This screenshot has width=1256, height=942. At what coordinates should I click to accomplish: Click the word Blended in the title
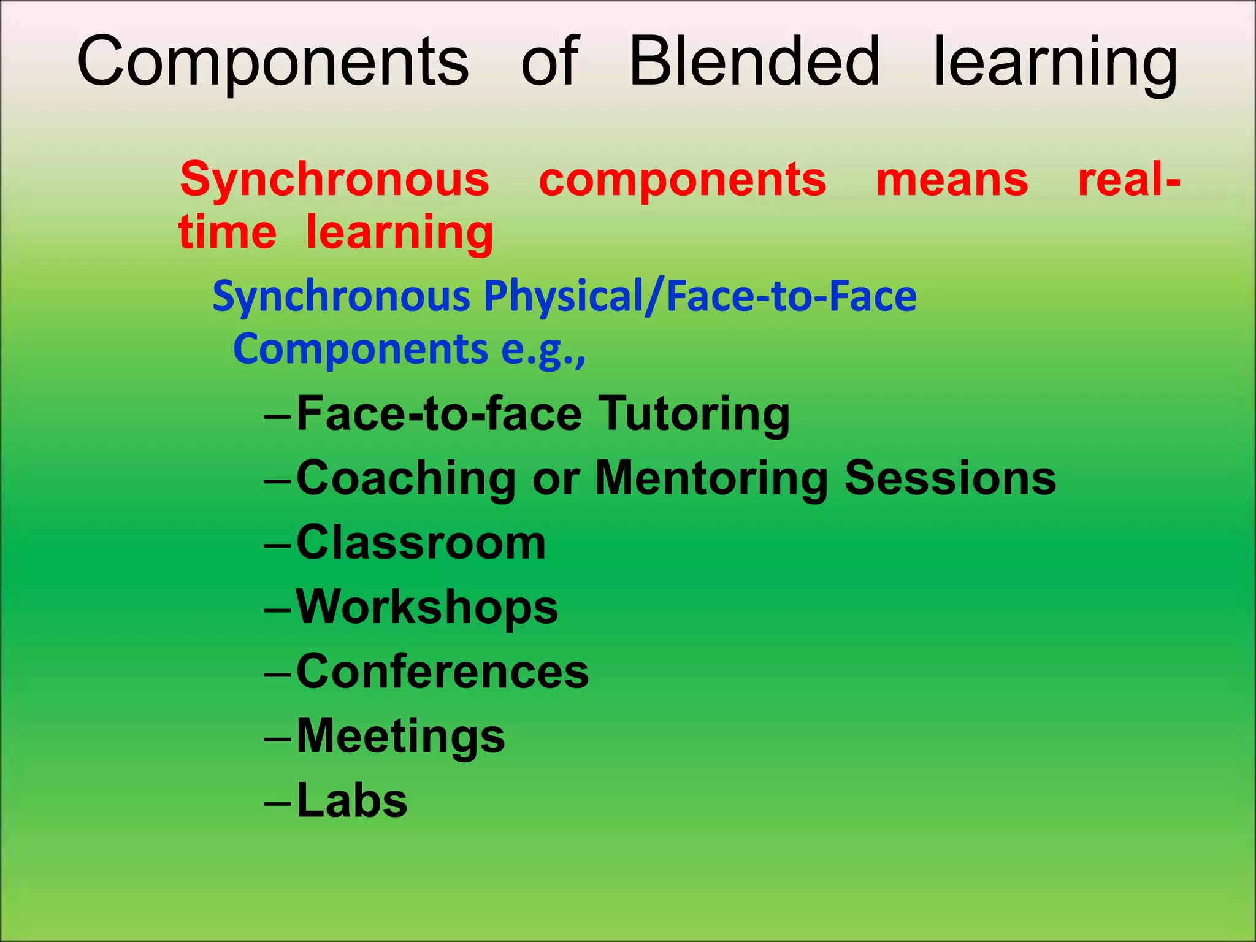click(754, 61)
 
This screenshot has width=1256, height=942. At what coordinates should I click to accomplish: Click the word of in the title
click(549, 61)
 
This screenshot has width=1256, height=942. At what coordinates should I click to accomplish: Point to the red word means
click(952, 180)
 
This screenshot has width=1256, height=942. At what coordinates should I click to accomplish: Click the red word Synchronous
click(334, 180)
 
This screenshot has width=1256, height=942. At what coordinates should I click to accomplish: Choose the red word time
click(228, 232)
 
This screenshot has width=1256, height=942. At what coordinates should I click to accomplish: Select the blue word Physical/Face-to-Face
click(700, 296)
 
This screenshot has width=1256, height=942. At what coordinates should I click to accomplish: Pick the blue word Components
click(361, 349)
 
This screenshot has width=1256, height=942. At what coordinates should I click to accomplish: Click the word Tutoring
click(694, 415)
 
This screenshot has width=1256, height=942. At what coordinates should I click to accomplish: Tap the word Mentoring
click(711, 479)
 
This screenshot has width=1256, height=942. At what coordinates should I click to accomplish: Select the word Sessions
click(950, 478)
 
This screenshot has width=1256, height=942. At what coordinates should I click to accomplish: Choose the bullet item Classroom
click(421, 543)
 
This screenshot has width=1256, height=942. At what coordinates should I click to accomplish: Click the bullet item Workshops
click(427, 607)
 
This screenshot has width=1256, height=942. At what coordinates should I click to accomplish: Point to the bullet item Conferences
click(442, 672)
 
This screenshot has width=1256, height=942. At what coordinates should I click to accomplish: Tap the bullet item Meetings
click(400, 737)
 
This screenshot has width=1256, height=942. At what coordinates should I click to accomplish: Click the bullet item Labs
click(352, 800)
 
